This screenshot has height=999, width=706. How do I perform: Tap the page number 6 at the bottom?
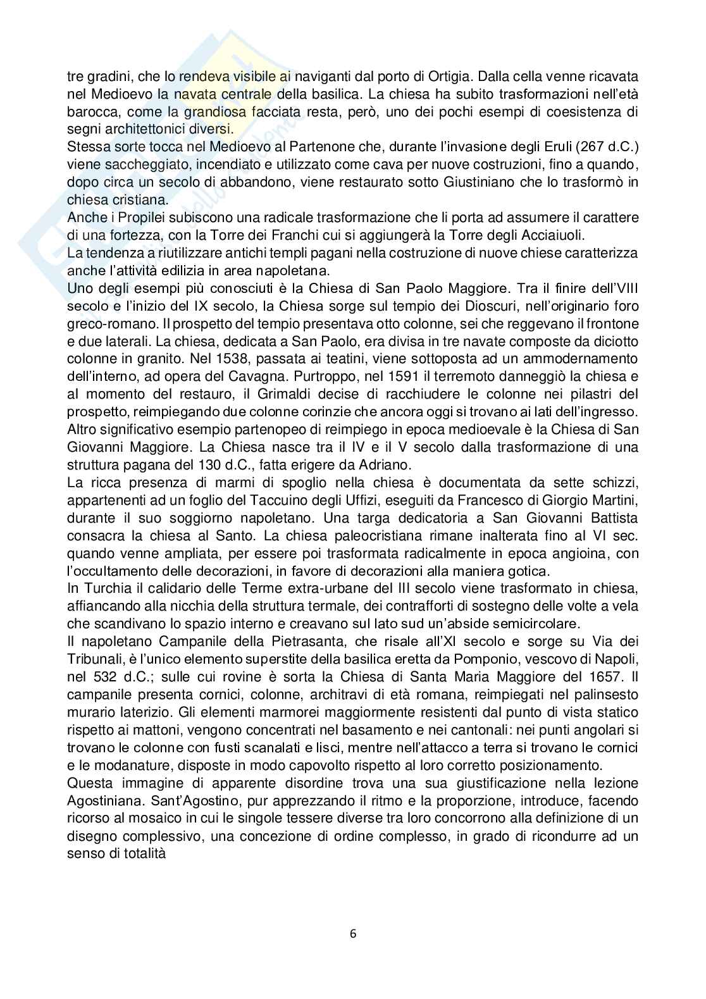coord(353,933)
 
